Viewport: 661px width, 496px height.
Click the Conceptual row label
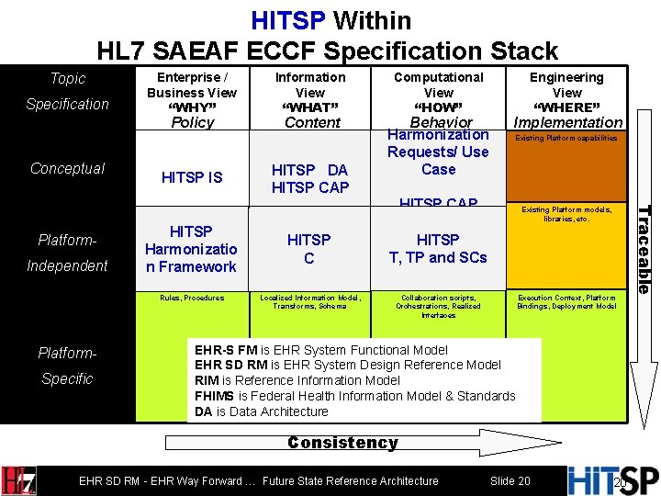coord(67,168)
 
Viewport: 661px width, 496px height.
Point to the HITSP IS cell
coord(193,177)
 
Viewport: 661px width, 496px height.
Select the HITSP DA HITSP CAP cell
coord(310,178)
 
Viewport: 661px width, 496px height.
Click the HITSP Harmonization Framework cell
coord(193,249)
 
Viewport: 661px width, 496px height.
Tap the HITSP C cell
coord(309,249)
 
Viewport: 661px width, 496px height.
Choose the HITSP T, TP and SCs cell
coord(439,249)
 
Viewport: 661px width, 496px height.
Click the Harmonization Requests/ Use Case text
coord(438,152)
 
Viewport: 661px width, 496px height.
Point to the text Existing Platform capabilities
coord(566,138)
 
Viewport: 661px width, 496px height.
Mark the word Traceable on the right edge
coord(644,249)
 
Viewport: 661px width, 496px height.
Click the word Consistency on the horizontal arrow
coord(342,443)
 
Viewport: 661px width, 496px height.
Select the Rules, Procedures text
coord(192,298)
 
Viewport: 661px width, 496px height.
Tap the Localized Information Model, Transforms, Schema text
coord(310,301)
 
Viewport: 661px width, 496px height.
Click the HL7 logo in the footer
coord(19,479)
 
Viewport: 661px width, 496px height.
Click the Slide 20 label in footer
coord(510,481)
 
